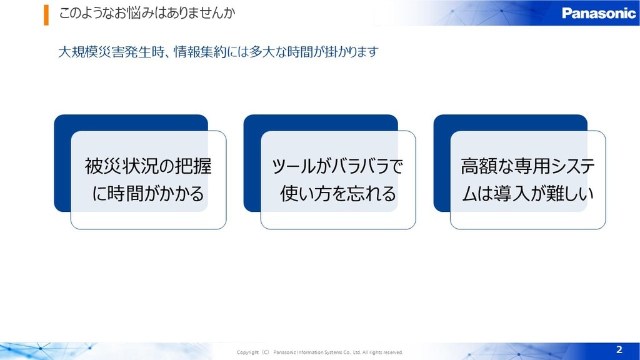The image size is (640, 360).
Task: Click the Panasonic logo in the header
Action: [x=598, y=13]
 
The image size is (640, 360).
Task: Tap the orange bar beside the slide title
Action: [x=46, y=15]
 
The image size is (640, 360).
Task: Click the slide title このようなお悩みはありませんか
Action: [x=147, y=13]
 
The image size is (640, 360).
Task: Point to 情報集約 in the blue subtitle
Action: [x=200, y=52]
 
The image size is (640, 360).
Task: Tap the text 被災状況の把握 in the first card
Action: [x=148, y=166]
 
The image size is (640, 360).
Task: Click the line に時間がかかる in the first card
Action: [x=148, y=193]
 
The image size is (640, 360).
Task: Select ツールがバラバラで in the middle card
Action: [x=337, y=166]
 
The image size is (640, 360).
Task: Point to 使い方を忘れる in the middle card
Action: [x=338, y=193]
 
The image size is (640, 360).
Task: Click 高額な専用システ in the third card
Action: [x=527, y=166]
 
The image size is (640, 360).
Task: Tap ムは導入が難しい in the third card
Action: [x=527, y=193]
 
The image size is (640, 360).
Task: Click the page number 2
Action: [x=619, y=349]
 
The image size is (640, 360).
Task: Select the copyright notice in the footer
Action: [x=319, y=352]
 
